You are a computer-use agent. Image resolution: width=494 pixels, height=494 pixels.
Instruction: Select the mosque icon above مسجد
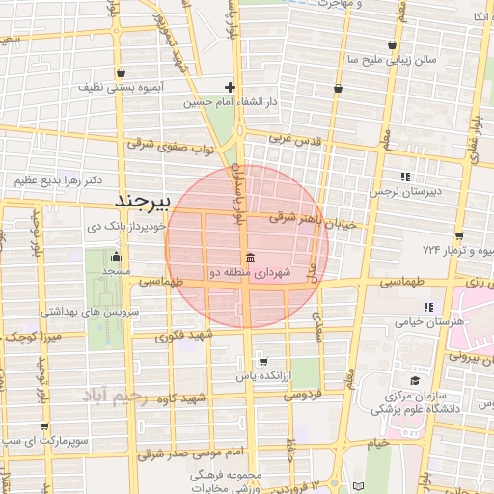coord(117,257)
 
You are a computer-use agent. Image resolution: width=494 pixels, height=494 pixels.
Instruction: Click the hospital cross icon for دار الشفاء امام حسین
coord(230,88)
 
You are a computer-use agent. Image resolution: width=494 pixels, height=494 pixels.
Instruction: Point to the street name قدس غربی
coord(292,140)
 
